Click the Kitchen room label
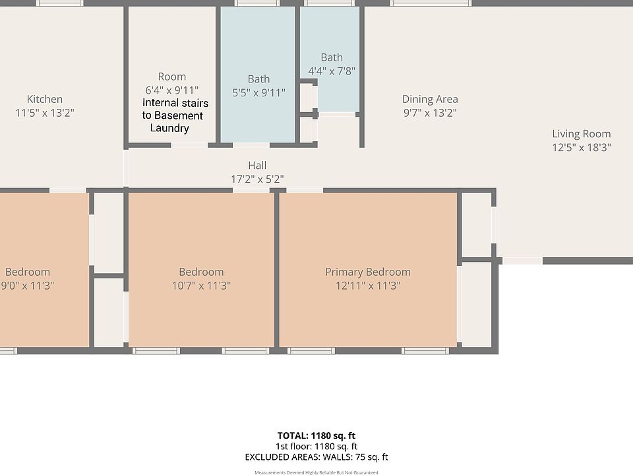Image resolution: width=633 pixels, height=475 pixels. tap(45, 99)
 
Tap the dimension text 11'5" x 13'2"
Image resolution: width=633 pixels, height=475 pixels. tap(45, 113)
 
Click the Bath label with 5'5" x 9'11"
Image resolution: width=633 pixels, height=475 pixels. tap(258, 79)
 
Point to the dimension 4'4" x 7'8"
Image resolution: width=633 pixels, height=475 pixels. tap(332, 71)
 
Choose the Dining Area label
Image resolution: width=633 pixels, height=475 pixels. tap(430, 99)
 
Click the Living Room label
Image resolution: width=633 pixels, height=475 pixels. tap(581, 134)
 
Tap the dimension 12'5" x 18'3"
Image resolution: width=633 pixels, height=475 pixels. tap(581, 148)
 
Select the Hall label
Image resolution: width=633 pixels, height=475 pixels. tap(257, 165)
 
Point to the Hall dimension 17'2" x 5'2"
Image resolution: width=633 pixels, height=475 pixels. tap(257, 179)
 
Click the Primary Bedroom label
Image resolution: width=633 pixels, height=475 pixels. tap(367, 272)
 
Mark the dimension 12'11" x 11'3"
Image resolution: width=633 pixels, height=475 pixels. tap(367, 286)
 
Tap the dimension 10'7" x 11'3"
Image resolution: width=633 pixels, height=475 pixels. tap(201, 286)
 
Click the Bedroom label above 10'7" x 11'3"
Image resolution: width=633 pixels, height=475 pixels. tap(201, 272)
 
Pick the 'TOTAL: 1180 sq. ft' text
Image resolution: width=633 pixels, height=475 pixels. tap(316, 435)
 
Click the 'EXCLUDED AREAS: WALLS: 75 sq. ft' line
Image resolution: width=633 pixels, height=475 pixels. tap(316, 457)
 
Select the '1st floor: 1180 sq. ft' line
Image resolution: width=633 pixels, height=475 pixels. tap(316, 446)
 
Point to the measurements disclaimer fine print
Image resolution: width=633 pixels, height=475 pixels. tap(316, 472)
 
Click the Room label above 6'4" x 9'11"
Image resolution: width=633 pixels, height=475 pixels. tap(171, 77)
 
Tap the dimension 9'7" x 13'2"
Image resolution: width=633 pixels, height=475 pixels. tap(430, 113)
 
